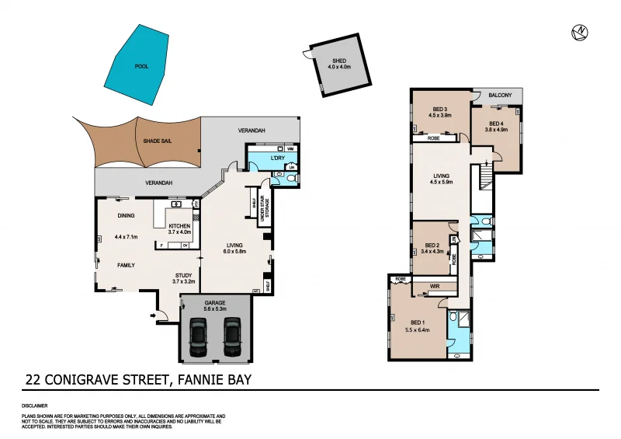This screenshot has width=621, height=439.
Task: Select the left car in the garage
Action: click(x=198, y=335)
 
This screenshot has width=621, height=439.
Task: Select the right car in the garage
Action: click(x=232, y=335)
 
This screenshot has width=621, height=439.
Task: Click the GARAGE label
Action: click(x=215, y=302)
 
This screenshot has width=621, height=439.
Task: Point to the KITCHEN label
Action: click(x=179, y=226)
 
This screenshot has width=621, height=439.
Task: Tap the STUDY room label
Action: click(x=182, y=275)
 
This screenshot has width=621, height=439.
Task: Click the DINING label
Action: click(x=126, y=216)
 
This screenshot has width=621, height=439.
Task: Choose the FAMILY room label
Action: click(x=126, y=265)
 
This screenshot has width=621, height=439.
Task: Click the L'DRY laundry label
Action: click(x=277, y=159)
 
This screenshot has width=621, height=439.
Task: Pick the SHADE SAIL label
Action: click(x=157, y=141)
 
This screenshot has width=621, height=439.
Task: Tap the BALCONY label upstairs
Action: click(x=501, y=95)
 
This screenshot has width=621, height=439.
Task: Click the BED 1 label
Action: click(x=418, y=322)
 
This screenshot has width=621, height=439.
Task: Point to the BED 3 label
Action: click(x=440, y=108)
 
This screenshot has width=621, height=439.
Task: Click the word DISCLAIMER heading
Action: click(x=35, y=406)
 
